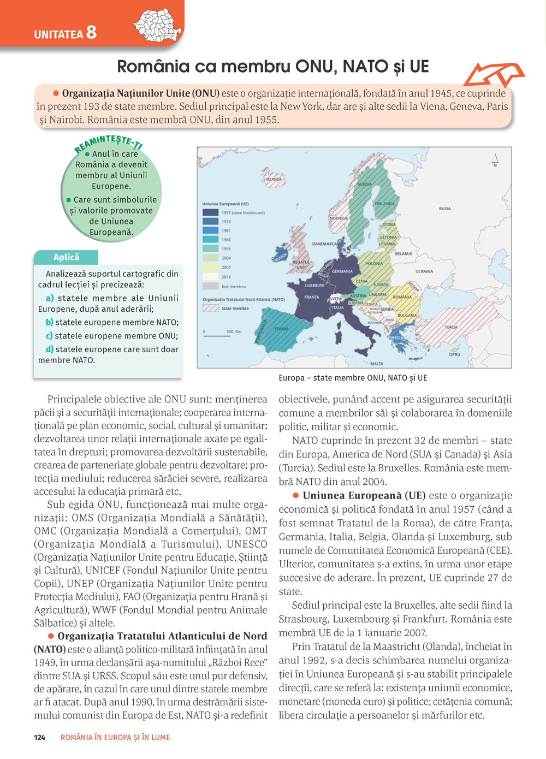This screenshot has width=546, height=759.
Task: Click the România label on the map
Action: click(402, 297)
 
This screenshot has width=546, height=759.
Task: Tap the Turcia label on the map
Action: click(451, 327)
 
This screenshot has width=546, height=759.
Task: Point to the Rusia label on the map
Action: click(445, 209)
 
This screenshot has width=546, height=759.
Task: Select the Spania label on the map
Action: click(281, 329)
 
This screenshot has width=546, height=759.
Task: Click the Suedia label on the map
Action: click(365, 185)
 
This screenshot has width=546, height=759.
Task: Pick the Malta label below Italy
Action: click(377, 364)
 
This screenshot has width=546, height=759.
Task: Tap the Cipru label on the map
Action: click(454, 354)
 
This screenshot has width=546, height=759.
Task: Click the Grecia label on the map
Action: click(396, 337)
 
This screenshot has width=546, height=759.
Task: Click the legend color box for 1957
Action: click(210, 212)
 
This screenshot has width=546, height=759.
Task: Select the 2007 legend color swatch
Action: click(210, 268)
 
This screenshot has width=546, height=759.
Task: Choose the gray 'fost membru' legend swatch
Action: click(210, 286)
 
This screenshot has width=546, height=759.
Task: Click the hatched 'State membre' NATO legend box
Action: click(210, 309)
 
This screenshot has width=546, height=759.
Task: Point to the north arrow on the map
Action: click(495, 159)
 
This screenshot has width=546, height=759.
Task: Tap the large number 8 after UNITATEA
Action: click(91, 32)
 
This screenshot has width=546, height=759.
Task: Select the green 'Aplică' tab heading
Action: click(66, 257)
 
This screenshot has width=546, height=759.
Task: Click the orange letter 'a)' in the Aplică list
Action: click(50, 298)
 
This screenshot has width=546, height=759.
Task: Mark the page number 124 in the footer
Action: click(40, 737)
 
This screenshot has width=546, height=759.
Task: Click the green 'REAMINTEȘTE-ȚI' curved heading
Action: click(108, 144)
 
